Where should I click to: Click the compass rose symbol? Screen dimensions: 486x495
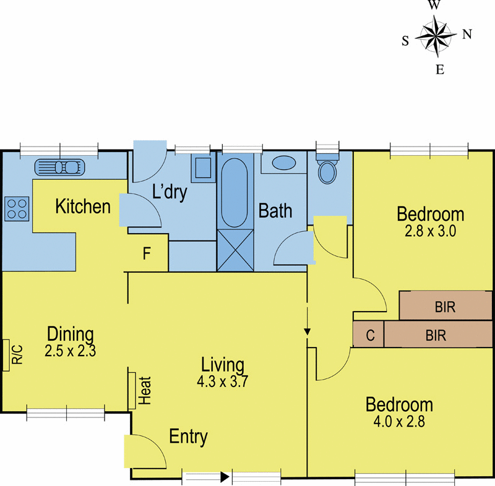(x=437, y=36)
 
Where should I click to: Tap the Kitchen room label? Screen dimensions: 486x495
(x=83, y=207)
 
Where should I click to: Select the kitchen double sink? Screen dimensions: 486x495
(x=57, y=167)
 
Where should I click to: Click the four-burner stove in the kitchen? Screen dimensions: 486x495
(x=16, y=208)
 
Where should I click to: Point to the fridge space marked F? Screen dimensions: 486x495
(x=147, y=255)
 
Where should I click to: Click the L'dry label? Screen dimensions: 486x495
(x=169, y=192)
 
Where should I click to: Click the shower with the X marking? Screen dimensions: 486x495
(x=235, y=250)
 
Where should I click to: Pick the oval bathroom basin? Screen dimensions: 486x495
(x=284, y=163)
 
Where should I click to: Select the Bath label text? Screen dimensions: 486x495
(x=275, y=211)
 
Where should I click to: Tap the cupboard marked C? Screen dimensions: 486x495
(x=369, y=336)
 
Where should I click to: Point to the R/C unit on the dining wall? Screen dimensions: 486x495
(x=14, y=355)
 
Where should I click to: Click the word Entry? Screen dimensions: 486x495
(x=188, y=437)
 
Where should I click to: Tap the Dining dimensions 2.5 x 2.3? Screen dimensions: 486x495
(x=69, y=351)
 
